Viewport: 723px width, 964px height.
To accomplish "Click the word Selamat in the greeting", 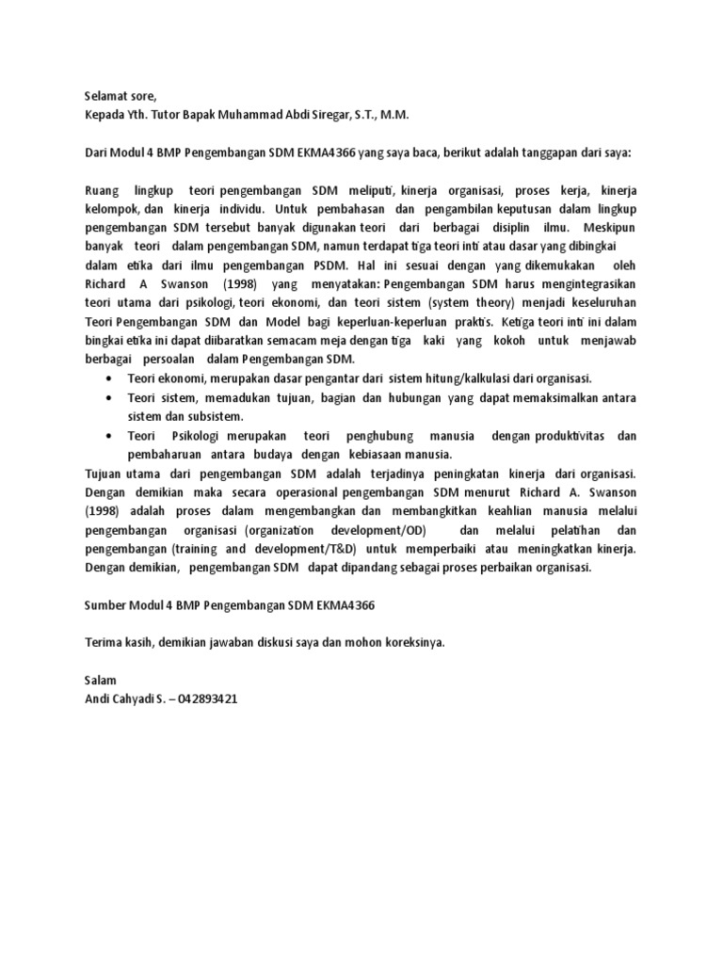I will pyautogui.click(x=106, y=96).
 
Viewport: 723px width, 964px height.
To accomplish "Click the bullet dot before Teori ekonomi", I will pyautogui.click(x=110, y=378).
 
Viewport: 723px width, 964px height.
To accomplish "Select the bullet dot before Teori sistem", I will pyautogui.click(x=110, y=397).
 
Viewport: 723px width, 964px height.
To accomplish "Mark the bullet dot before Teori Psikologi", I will pyautogui.click(x=110, y=435).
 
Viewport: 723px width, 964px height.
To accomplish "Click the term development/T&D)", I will pyautogui.click(x=302, y=548).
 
